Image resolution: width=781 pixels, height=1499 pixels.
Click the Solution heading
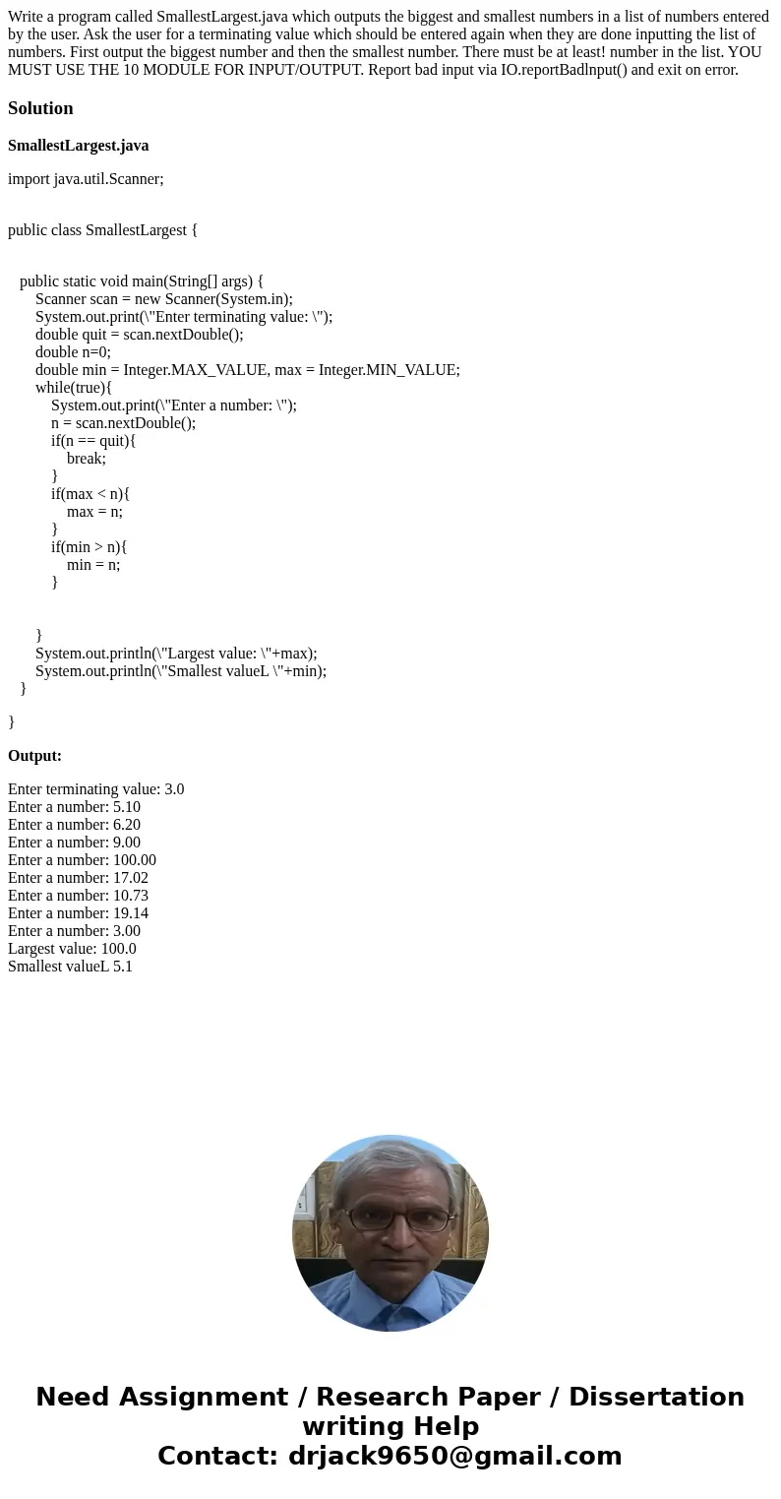click(x=40, y=108)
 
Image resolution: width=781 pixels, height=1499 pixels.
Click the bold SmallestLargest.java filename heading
click(x=79, y=146)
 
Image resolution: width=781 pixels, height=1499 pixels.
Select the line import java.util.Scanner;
click(x=86, y=179)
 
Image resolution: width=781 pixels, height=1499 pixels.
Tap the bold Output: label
click(x=34, y=756)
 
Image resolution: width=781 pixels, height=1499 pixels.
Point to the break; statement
click(x=87, y=459)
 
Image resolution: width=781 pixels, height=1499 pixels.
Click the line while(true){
click(x=74, y=388)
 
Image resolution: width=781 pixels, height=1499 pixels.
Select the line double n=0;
click(x=73, y=352)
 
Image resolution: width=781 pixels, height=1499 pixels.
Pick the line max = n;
click(x=94, y=512)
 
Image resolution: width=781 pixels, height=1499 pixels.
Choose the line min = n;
click(x=93, y=565)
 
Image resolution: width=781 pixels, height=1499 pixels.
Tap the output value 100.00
click(x=135, y=860)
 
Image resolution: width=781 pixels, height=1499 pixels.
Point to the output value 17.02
click(x=131, y=878)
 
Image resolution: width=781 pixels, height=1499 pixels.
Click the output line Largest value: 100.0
click(x=72, y=949)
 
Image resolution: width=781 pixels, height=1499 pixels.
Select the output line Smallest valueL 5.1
click(x=70, y=967)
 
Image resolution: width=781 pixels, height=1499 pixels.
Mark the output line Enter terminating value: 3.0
click(x=95, y=789)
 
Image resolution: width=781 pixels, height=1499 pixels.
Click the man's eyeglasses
click(x=397, y=1218)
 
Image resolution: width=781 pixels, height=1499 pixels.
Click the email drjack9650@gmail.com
click(x=454, y=1457)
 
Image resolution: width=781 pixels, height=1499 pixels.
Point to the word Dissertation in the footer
click(x=656, y=1398)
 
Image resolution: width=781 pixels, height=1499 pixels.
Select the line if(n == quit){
click(x=93, y=441)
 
